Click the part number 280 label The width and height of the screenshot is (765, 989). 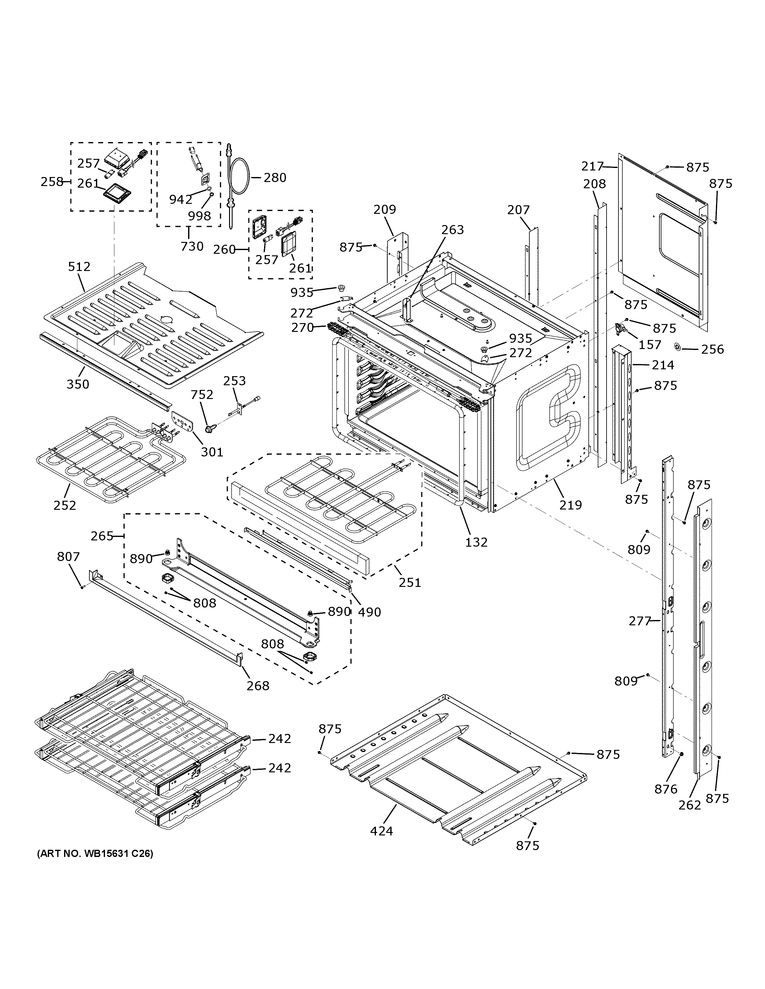(x=275, y=178)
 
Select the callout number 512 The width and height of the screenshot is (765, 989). (x=79, y=266)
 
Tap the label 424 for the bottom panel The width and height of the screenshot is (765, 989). (x=381, y=831)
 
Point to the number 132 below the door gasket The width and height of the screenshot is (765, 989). (x=476, y=542)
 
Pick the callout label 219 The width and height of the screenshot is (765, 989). (x=570, y=504)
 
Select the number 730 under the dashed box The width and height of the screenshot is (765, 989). (x=192, y=246)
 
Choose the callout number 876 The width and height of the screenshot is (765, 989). (x=666, y=789)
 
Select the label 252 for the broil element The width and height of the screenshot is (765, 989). (x=65, y=505)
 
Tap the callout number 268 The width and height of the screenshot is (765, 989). (x=258, y=686)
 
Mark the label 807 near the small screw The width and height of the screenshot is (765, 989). (x=68, y=557)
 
